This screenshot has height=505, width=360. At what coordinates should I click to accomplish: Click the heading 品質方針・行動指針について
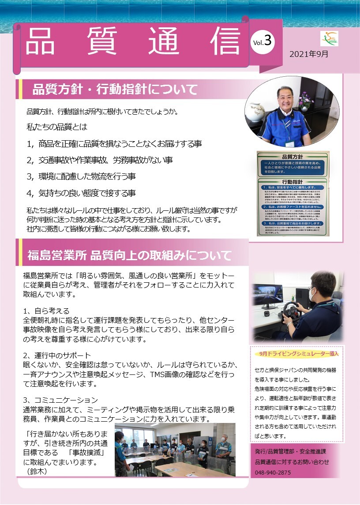point(115,90)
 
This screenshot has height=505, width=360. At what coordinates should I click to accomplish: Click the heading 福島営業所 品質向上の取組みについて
point(129,255)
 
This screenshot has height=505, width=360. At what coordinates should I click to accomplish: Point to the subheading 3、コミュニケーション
point(60,400)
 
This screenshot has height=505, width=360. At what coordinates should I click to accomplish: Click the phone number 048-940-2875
point(273,472)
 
